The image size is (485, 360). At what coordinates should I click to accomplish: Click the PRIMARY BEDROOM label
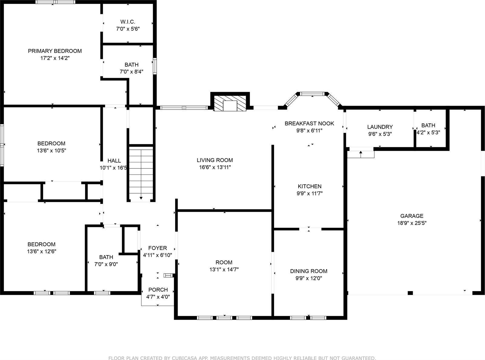pos(55,51)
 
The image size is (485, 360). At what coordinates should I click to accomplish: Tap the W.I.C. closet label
pos(128,22)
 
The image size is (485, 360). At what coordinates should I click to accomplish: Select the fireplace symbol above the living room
pos(230,103)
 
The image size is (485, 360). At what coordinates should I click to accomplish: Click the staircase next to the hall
pos(141,173)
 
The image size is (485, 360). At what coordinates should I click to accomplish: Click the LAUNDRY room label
pos(380,127)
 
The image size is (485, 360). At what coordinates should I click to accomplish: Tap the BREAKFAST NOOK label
pos(309,123)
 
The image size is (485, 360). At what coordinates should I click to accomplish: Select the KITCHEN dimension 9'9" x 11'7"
pos(309,193)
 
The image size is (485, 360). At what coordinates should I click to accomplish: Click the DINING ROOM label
pos(309,271)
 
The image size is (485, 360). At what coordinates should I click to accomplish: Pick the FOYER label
pos(157,248)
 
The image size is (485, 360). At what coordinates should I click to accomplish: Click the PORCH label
pos(158,290)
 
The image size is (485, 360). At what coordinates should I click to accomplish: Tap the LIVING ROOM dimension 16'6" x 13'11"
pos(215,167)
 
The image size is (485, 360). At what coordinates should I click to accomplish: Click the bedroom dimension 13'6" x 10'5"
pos(51,150)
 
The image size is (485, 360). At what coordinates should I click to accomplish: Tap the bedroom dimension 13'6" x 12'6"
pos(42,251)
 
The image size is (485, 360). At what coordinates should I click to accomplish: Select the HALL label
pos(114,161)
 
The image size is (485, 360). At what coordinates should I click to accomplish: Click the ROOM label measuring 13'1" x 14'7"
pos(224,262)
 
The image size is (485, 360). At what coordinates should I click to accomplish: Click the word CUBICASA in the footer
pos(191,358)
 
